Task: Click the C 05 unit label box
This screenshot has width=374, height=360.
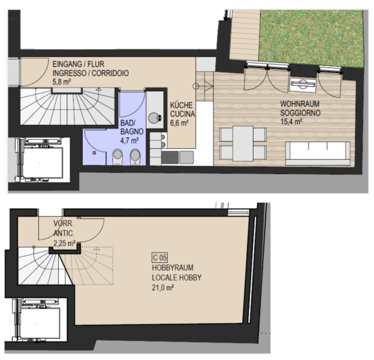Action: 160,257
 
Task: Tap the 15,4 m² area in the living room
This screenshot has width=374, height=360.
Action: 291,122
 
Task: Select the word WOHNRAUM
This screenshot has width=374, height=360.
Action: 300,104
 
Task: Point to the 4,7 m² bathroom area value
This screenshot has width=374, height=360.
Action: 129,140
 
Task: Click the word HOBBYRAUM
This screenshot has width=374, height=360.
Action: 173,268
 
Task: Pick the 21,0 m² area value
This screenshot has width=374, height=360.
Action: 162,287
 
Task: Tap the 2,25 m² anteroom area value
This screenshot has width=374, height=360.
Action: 64,243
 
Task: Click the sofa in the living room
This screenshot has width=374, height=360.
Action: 318,154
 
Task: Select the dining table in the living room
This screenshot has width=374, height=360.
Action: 243,143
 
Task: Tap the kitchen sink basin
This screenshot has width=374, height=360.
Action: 186,157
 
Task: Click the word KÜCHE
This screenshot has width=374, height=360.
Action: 181,105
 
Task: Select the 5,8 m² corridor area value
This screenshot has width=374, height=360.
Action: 62,82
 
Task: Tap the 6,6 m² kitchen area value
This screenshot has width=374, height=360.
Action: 179,123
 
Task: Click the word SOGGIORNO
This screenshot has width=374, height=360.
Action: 300,113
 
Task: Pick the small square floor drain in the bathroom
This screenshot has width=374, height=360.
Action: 95,153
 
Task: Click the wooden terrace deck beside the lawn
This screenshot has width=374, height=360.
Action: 245,35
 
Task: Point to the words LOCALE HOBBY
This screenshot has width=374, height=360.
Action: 177,278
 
